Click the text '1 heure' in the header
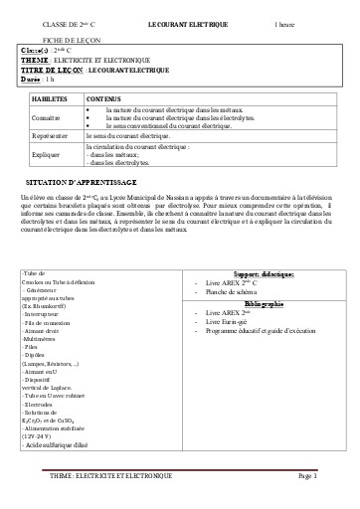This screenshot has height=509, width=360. pyautogui.click(x=286, y=21)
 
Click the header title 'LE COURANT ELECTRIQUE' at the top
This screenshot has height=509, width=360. pyautogui.click(x=187, y=21)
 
